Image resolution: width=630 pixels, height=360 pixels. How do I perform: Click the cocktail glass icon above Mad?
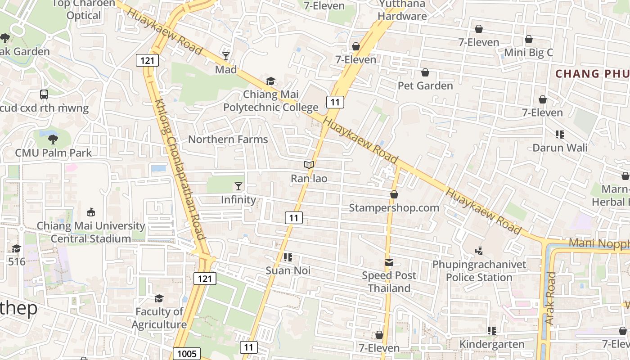pyautogui.click(x=226, y=56)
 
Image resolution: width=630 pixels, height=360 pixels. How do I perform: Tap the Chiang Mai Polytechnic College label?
pyautogui.click(x=271, y=101)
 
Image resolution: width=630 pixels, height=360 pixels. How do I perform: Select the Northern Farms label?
pyautogui.click(x=228, y=139)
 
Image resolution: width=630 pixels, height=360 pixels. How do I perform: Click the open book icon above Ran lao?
pyautogui.click(x=309, y=165)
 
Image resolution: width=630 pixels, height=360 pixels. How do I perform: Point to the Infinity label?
pyautogui.click(x=238, y=199)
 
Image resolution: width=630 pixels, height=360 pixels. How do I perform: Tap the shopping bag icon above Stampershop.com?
pyautogui.click(x=394, y=194)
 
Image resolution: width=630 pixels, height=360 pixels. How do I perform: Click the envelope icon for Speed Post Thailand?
pyautogui.click(x=389, y=262)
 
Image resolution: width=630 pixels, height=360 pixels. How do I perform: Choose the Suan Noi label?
pyautogui.click(x=288, y=270)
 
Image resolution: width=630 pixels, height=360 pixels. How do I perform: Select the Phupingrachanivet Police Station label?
pyautogui.click(x=479, y=270)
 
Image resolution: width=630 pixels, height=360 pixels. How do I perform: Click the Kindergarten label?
pyautogui.click(x=492, y=344)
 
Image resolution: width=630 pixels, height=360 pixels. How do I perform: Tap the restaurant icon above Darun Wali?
pyautogui.click(x=560, y=134)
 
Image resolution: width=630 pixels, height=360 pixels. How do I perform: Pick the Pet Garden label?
pyautogui.click(x=425, y=85)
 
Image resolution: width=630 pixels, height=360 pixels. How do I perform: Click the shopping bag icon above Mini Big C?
pyautogui.click(x=529, y=40)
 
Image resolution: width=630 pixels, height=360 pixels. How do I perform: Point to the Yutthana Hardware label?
pyautogui.click(x=402, y=10)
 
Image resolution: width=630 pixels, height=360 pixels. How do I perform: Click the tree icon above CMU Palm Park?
pyautogui.click(x=53, y=139)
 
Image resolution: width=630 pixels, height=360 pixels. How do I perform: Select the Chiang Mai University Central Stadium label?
pyautogui.click(x=91, y=232)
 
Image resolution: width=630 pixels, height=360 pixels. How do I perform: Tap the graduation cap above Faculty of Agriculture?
pyautogui.click(x=159, y=298)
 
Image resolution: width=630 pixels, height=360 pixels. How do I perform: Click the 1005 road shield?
pyautogui.click(x=187, y=354)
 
